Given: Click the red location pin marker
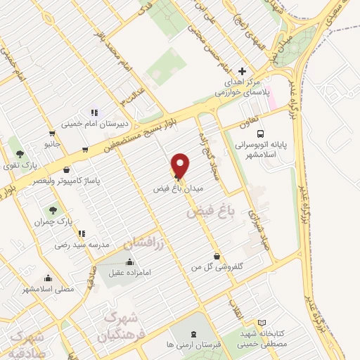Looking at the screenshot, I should pyautogui.click(x=181, y=165).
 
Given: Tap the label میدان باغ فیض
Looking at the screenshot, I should pyautogui.click(x=179, y=189).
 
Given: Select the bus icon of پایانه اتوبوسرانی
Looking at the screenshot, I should pyautogui.click(x=260, y=133).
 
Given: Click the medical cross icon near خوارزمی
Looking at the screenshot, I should pyautogui.click(x=243, y=71).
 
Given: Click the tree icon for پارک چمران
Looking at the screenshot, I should pyautogui.click(x=52, y=210).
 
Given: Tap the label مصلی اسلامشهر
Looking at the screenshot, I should pyautogui.click(x=47, y=289).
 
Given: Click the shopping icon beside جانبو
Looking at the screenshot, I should pyautogui.click(x=52, y=133).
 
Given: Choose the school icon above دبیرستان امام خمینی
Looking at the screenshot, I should pyautogui.click(x=93, y=112).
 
